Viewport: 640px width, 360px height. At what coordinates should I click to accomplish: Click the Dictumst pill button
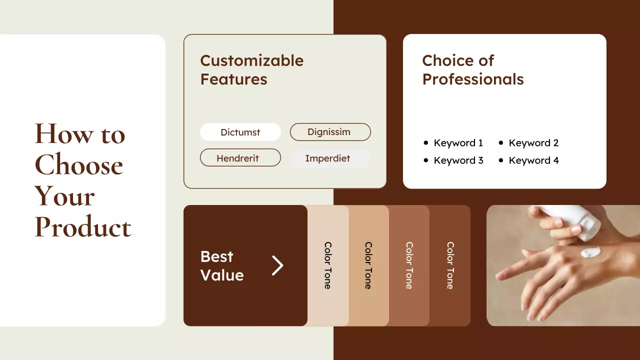pyautogui.click(x=240, y=132)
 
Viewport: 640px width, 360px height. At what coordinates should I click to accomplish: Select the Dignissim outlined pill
pyautogui.click(x=330, y=132)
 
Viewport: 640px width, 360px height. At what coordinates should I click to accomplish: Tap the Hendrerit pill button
pyautogui.click(x=240, y=158)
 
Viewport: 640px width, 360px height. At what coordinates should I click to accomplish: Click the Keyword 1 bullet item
pyautogui.click(x=458, y=143)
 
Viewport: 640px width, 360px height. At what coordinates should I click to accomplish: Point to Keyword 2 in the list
pyautogui.click(x=533, y=143)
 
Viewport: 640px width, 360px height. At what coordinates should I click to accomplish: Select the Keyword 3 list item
pyautogui.click(x=458, y=160)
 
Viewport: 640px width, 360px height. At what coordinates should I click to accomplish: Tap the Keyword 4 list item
pyautogui.click(x=533, y=160)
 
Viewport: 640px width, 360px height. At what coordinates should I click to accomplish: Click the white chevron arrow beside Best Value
pyautogui.click(x=277, y=265)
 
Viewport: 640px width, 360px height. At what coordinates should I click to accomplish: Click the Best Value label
pyautogui.click(x=222, y=265)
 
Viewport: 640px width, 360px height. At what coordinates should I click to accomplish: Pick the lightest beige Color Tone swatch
pyautogui.click(x=328, y=265)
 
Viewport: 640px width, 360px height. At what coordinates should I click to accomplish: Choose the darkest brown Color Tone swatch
pyautogui.click(x=450, y=265)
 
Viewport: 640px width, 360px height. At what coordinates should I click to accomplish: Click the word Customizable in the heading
pyautogui.click(x=251, y=60)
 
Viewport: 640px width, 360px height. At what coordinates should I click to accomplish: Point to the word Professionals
pyautogui.click(x=472, y=79)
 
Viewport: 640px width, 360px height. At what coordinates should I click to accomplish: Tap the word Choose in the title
pyautogui.click(x=78, y=165)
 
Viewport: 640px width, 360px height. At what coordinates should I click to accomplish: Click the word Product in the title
pyautogui.click(x=83, y=227)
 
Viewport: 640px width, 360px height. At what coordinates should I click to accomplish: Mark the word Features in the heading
pyautogui.click(x=233, y=79)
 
